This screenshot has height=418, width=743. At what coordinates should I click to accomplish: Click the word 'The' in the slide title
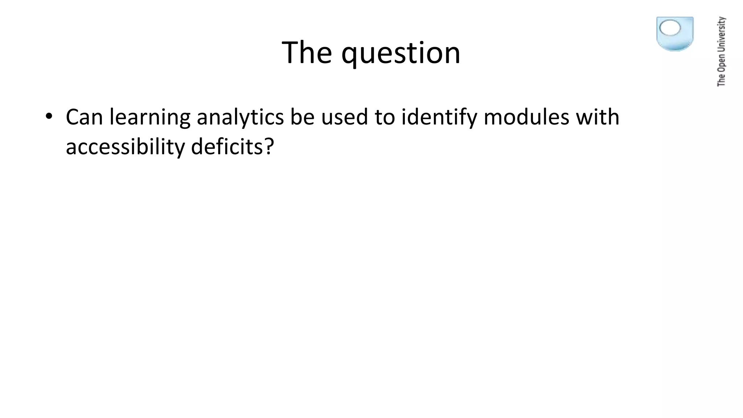(x=307, y=53)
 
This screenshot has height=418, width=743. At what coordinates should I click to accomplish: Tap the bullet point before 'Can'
(x=49, y=116)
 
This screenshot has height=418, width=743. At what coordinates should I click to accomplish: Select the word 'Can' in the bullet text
(x=84, y=117)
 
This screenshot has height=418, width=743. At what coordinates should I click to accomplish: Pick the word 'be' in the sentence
(x=302, y=117)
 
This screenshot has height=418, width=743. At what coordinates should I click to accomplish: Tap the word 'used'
(x=344, y=117)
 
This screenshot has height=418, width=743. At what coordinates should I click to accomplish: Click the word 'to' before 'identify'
(x=385, y=117)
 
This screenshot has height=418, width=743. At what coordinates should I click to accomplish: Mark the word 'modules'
(x=526, y=117)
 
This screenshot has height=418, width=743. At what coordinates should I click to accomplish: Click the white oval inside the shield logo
(x=670, y=28)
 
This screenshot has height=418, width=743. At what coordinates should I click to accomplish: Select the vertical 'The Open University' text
(x=721, y=52)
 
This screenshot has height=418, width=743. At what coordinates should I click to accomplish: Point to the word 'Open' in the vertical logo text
(x=721, y=63)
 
